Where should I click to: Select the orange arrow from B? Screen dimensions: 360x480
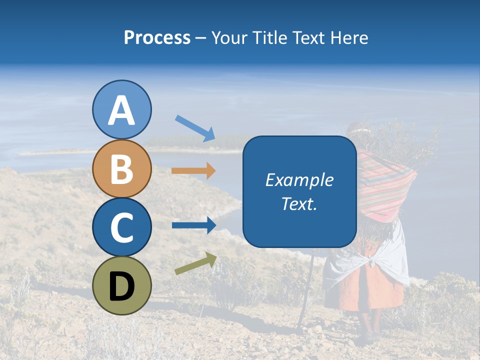click(x=193, y=171)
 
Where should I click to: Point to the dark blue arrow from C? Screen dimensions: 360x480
click(x=193, y=225)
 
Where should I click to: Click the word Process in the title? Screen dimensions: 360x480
click(x=157, y=38)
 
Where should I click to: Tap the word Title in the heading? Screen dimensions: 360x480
click(x=270, y=38)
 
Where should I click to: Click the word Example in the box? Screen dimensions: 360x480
click(x=299, y=180)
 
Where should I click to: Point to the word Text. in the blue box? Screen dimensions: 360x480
click(x=299, y=204)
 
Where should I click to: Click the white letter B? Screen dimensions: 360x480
click(x=121, y=168)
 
